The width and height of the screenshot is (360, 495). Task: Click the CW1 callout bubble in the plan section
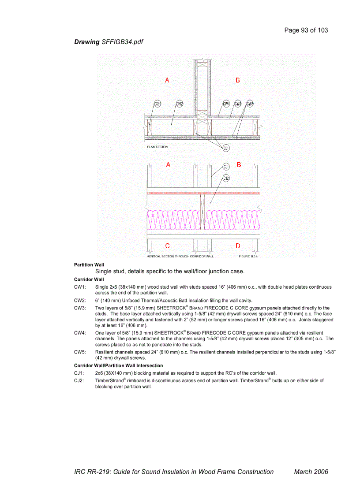coord(157,104)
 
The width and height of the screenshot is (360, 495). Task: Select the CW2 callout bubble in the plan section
coord(180,104)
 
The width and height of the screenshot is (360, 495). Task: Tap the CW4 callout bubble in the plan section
coord(226,104)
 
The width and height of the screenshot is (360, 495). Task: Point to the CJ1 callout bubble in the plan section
coord(226,148)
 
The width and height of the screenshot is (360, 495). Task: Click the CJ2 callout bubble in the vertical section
coord(225,178)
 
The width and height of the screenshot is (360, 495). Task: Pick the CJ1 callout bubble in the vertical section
coord(225,167)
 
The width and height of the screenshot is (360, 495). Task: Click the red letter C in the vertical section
coord(168,246)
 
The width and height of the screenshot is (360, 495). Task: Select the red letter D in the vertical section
coord(238,246)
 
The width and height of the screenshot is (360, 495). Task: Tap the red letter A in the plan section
coord(167,80)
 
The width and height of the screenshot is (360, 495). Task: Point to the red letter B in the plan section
coord(238,80)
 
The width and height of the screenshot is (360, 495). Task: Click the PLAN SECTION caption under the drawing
coord(157,147)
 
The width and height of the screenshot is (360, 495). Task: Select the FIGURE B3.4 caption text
coord(248,256)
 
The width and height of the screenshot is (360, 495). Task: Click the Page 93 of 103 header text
coord(306,30)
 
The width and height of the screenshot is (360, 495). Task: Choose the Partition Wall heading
coord(89,264)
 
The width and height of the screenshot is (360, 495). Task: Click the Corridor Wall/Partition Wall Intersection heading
coord(118,365)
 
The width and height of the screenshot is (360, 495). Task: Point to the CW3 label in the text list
coord(80,308)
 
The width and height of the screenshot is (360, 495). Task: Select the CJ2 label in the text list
coord(79,380)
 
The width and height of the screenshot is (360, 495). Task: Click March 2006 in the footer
coord(311,472)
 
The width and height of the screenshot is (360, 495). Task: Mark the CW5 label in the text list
coord(80,352)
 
